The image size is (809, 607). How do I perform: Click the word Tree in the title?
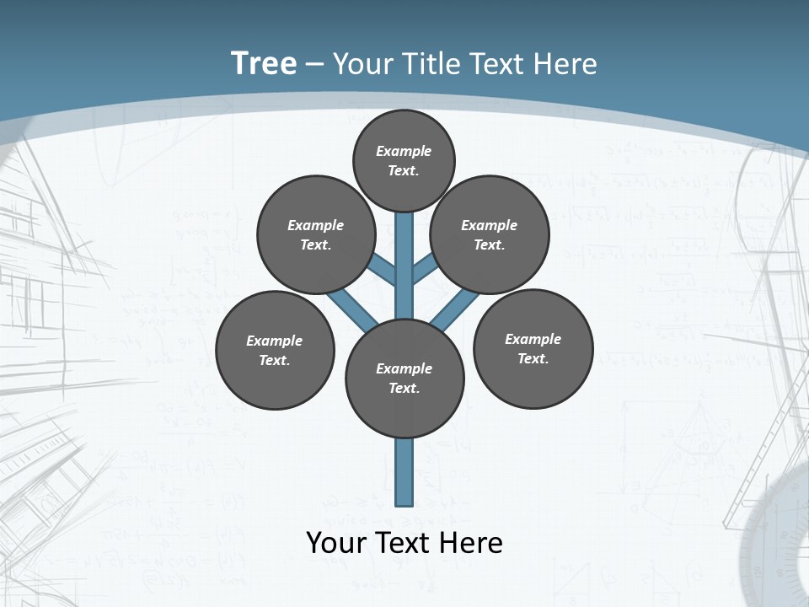[263, 64]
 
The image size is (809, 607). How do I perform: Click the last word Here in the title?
[566, 64]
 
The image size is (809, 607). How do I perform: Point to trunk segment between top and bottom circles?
[404, 261]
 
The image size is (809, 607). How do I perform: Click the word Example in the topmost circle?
[404, 152]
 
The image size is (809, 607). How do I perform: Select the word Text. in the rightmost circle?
[533, 359]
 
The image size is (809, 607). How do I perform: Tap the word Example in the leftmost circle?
[274, 341]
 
